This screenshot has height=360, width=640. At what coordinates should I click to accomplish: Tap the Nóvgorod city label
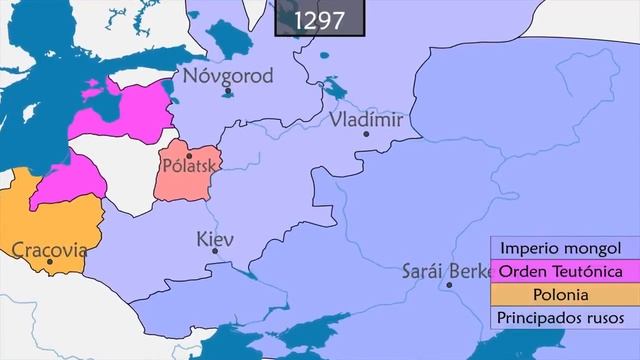226,75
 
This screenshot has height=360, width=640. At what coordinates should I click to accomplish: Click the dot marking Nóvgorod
229,92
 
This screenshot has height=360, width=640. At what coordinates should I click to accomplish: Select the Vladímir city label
366,119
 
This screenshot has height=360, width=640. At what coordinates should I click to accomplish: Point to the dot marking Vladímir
366,134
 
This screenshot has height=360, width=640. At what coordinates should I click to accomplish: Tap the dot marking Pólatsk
189,155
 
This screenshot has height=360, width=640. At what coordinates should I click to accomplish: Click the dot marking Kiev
215,251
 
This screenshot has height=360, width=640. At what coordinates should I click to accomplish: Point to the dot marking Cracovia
50,264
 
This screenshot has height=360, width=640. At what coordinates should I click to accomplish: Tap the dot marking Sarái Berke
450,285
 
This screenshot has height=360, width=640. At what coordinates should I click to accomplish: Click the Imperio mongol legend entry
561,248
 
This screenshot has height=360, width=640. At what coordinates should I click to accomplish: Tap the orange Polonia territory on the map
60,220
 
